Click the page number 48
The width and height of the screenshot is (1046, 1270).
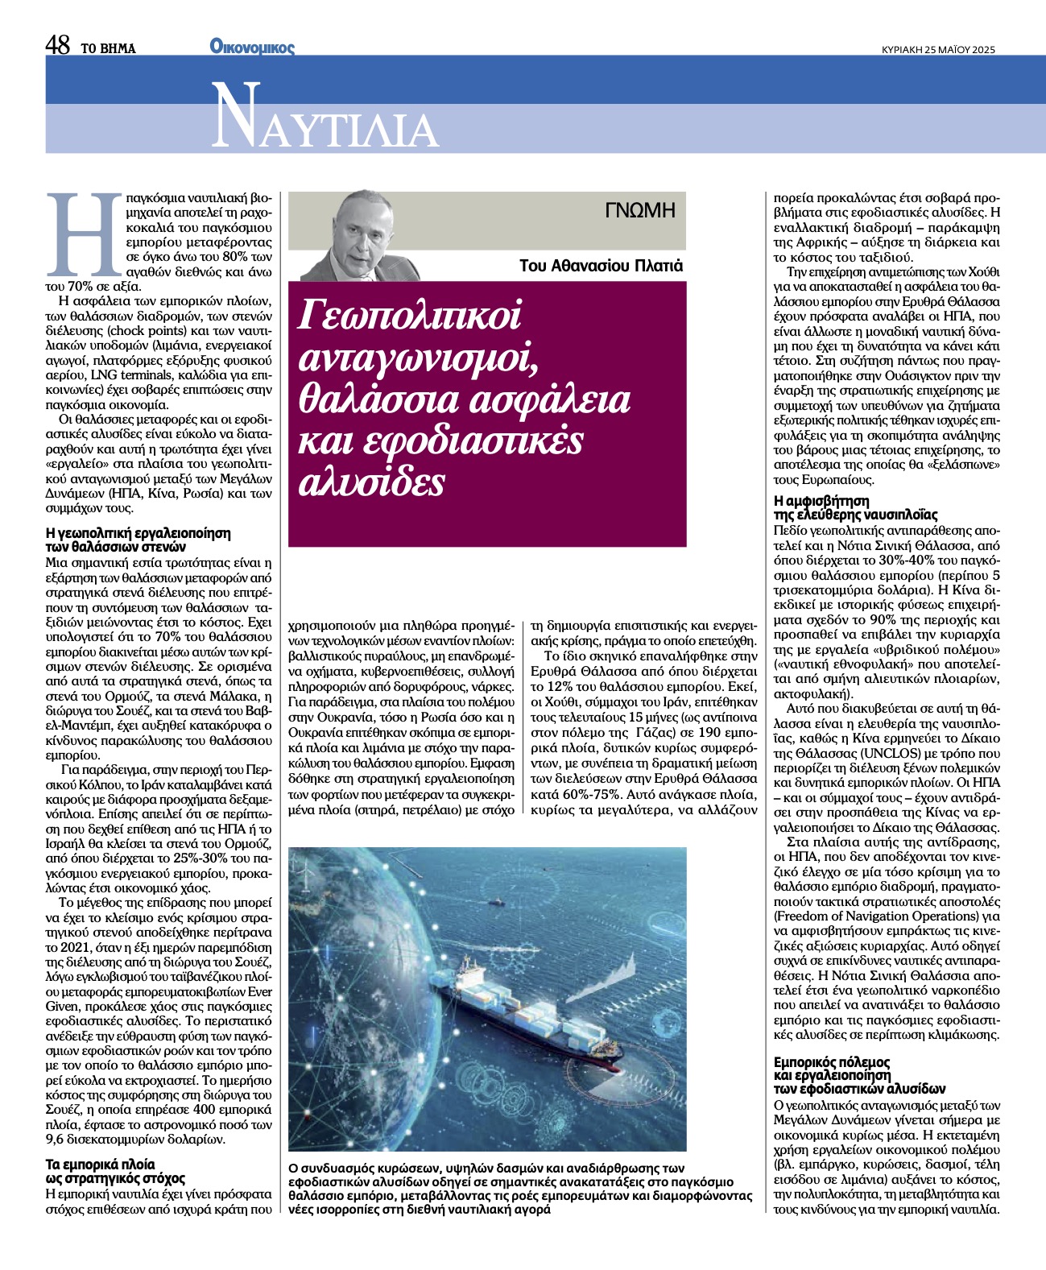coord(59,46)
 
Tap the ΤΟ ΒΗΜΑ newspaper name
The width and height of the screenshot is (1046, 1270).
coord(108,48)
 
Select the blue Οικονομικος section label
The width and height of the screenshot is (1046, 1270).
coord(252,47)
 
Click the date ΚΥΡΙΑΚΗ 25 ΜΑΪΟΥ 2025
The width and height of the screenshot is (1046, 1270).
coord(939,49)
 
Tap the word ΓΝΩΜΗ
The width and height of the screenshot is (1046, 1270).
coord(640,211)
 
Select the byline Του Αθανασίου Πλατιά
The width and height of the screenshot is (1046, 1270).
coord(601,265)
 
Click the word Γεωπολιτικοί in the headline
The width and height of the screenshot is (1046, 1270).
coord(410,315)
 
